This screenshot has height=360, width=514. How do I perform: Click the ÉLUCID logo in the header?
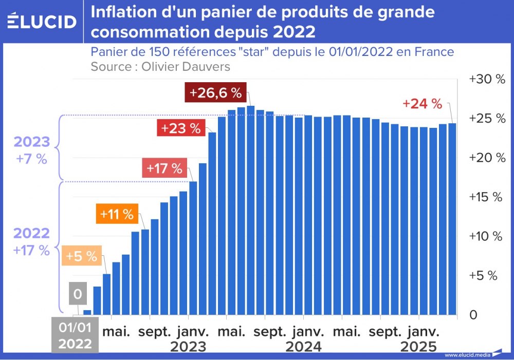click(x=42, y=21)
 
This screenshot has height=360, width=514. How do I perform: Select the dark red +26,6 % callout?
click(x=215, y=93)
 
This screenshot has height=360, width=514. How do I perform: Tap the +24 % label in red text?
click(x=422, y=103)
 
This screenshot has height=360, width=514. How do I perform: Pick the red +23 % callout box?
click(x=180, y=128)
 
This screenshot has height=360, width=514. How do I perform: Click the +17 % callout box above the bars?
click(x=164, y=168)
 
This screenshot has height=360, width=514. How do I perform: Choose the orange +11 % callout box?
click(x=117, y=214)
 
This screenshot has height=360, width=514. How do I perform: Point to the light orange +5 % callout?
click(x=81, y=256)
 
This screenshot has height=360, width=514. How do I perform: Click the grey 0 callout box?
click(x=78, y=295)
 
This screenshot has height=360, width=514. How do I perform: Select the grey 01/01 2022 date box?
click(x=75, y=336)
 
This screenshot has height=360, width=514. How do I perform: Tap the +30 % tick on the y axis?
click(x=487, y=80)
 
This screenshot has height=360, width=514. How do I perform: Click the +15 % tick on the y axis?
click(x=487, y=197)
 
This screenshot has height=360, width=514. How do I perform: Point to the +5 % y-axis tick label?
click(x=484, y=276)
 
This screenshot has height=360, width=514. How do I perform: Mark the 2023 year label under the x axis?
click(x=188, y=347)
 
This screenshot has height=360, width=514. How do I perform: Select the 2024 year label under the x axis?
click(x=303, y=347)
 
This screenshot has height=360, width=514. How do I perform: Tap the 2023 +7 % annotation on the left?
click(x=32, y=150)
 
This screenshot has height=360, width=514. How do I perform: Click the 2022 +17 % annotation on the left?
click(x=32, y=241)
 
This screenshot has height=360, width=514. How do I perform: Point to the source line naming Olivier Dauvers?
click(x=160, y=67)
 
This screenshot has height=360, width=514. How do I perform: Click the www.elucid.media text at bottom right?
click(x=466, y=355)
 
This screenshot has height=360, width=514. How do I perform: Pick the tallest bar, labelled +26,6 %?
click(x=250, y=211)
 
